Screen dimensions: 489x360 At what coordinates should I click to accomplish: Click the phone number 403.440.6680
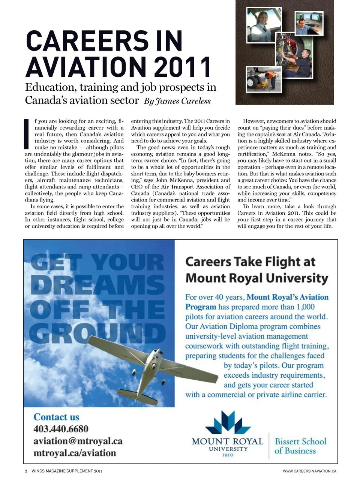click(x=61, y=429)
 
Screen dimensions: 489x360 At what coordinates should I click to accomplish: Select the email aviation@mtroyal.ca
click(x=78, y=441)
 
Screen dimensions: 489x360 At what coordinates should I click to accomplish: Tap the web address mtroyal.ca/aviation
click(x=75, y=453)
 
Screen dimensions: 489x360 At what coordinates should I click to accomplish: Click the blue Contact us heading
click(x=56, y=417)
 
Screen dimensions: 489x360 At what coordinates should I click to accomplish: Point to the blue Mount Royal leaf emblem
click(x=228, y=423)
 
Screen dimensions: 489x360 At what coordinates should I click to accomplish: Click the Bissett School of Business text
click(x=300, y=446)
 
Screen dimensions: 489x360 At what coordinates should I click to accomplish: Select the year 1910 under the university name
click(x=228, y=455)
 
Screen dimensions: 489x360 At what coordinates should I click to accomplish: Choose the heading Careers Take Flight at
click(x=250, y=262)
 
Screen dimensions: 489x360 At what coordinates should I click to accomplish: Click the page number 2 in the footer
click(x=26, y=471)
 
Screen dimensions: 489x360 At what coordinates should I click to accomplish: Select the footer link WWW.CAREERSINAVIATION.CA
click(x=309, y=471)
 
